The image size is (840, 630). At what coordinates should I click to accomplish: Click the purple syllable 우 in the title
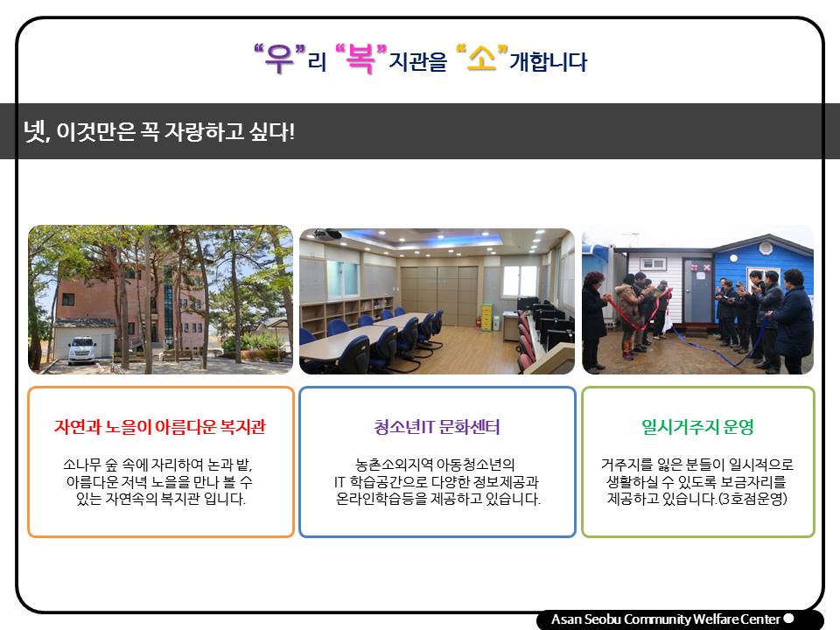pos(280,59)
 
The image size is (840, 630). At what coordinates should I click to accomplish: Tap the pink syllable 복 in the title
pos(360,59)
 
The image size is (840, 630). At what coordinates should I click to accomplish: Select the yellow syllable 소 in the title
pos(481,59)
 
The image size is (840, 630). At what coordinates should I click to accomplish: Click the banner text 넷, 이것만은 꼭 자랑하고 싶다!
pos(159,131)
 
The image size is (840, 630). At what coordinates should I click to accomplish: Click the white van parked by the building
pos(82,350)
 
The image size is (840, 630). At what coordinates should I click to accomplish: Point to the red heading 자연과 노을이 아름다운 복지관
pos(159,427)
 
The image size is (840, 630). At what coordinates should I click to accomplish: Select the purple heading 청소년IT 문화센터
pos(437,427)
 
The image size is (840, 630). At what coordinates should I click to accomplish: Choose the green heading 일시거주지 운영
pos(698,427)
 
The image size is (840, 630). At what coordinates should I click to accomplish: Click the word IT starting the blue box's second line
pos(339,481)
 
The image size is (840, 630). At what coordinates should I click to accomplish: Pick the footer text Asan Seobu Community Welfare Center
pos(666,619)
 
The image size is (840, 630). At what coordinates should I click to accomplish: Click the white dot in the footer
pos(788,619)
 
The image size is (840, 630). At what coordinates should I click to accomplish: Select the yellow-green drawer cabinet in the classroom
pos(487,317)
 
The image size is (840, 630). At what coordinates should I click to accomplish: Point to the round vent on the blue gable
pos(766,248)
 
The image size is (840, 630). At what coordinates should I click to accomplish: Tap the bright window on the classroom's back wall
pos(520,281)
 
